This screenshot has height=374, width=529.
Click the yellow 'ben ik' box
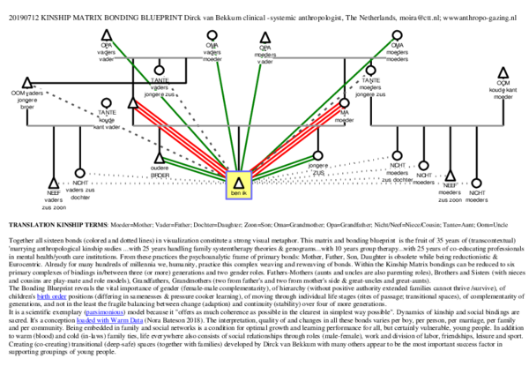coord(239,185)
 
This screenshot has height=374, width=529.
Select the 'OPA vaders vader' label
coord(107,51)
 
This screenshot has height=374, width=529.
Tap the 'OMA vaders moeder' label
coord(212,51)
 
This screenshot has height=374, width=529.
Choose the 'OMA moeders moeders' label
coord(397,51)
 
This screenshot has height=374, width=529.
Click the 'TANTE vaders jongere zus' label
coord(160,86)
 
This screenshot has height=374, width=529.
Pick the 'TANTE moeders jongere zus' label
coord(370,86)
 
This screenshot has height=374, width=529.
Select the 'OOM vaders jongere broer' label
coord(27,98)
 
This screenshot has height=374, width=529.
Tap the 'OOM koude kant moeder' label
coord(503,89)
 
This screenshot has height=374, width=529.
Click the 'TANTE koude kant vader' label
coord(107,119)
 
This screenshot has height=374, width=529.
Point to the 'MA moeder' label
coord(344,116)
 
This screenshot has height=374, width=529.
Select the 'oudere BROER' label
coord(160,171)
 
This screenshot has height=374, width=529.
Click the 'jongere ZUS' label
coord(318,168)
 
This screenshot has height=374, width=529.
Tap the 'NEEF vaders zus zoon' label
coord(54,199)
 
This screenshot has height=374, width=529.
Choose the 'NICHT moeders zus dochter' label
coord(397,171)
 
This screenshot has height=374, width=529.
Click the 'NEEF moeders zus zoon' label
coord(450,192)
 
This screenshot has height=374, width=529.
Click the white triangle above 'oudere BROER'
coord(160,159)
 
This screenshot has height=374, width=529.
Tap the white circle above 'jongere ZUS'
coord(318,156)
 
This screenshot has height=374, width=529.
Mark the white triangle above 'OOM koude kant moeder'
coord(503,74)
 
